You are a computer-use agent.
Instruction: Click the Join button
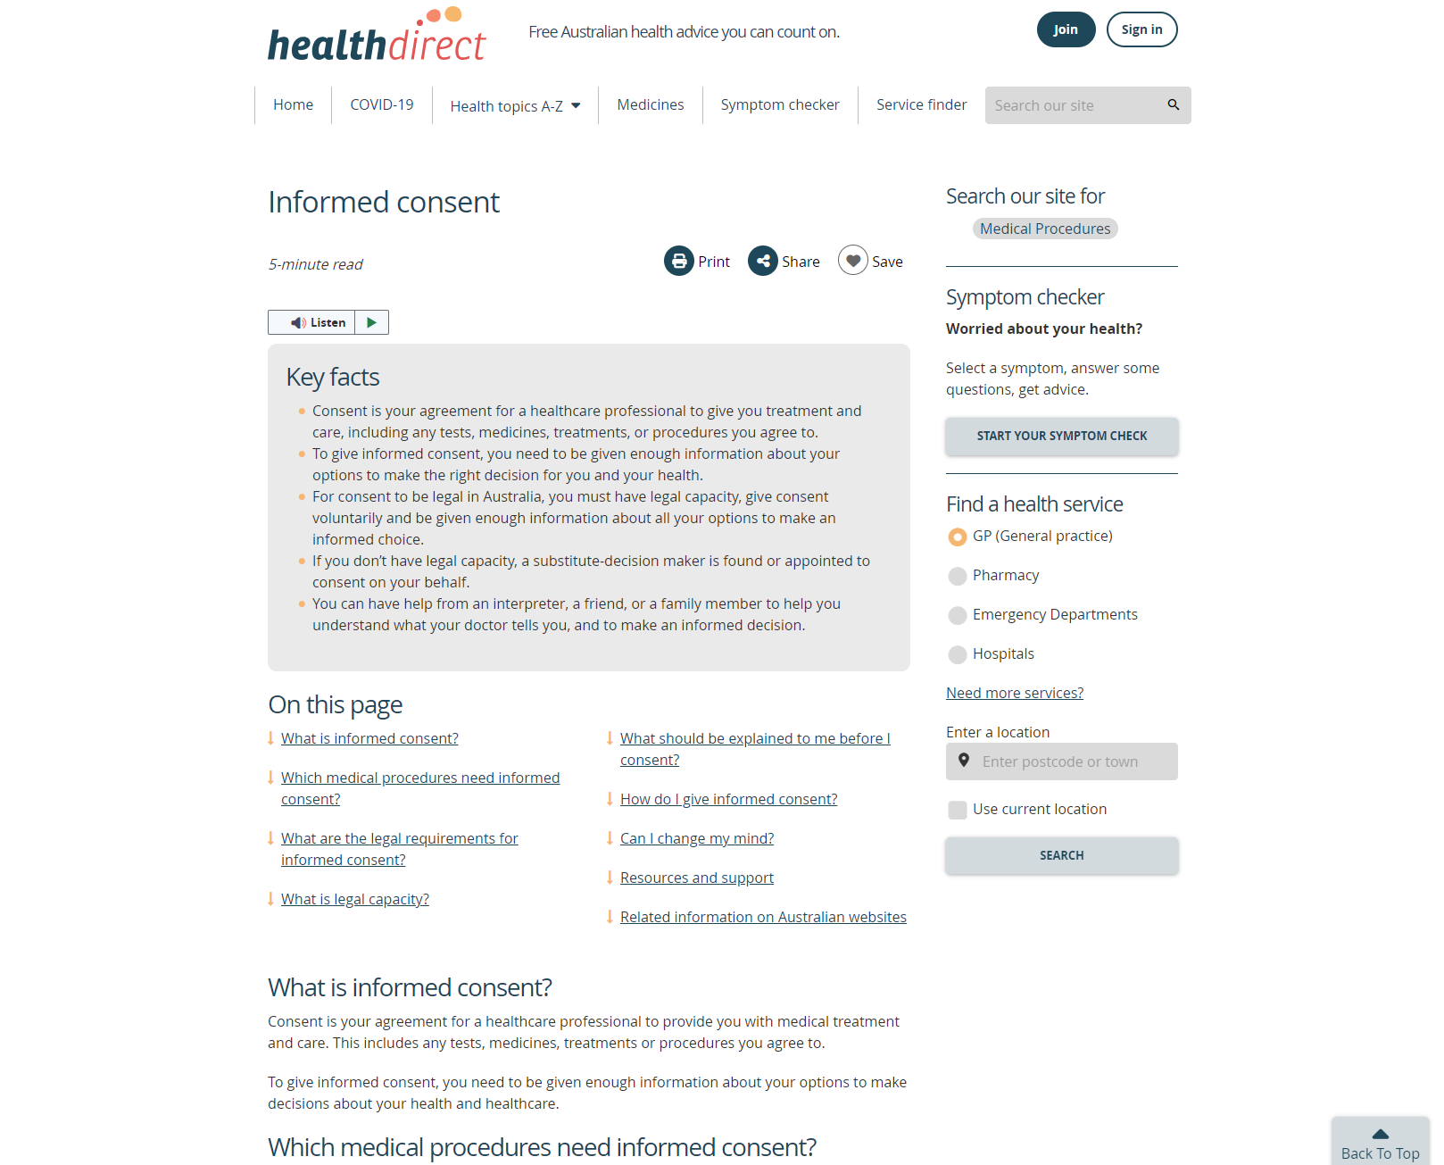point(1066,29)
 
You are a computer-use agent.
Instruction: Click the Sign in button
point(1141,29)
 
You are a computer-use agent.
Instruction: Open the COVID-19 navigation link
point(382,104)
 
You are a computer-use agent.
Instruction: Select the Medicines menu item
point(651,104)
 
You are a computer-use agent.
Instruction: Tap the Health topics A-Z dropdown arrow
point(576,105)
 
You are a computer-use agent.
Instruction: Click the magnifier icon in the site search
point(1174,104)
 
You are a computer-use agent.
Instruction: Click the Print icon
point(679,261)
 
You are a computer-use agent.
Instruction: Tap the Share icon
point(763,261)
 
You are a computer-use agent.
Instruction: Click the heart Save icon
point(853,261)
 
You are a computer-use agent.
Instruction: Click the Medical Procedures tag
point(1045,229)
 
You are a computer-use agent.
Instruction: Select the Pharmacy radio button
point(958,576)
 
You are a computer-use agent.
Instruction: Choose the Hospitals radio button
point(958,654)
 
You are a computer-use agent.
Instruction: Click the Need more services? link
point(1015,693)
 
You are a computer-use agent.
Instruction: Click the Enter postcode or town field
point(1071,761)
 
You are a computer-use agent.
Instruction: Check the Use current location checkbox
point(958,810)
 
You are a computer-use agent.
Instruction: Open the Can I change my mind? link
point(697,838)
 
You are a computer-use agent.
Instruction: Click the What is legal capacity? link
point(355,899)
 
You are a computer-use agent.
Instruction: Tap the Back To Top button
point(1380,1143)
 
